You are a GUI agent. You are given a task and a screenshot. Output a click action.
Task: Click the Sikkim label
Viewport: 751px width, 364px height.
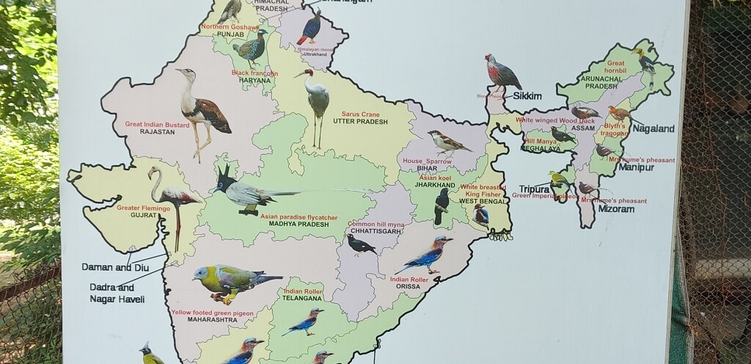[527, 96]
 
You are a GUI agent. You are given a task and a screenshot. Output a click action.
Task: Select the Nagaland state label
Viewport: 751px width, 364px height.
[653, 128]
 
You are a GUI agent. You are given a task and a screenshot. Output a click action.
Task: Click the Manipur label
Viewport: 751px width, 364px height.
[636, 167]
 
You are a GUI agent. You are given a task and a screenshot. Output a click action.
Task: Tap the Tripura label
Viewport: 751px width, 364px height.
[534, 189]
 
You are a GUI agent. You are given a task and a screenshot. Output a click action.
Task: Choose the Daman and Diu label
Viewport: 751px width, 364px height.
[115, 267]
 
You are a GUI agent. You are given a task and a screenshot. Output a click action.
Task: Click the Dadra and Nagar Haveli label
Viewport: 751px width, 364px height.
[117, 293]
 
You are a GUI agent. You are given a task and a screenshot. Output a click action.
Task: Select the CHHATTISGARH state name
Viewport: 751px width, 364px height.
[375, 231]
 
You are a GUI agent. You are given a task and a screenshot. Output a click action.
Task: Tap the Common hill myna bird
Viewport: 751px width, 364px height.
[361, 244]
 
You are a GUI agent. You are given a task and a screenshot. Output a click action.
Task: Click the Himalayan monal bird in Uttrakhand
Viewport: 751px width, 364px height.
[311, 28]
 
